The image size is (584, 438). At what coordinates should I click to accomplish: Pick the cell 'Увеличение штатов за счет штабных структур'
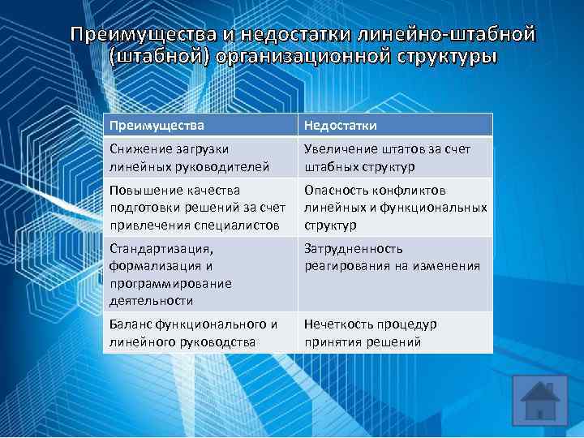pos(395,157)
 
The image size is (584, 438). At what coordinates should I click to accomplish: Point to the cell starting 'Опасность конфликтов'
pos(395,207)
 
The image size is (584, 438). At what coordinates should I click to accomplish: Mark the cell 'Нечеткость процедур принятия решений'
pos(395,333)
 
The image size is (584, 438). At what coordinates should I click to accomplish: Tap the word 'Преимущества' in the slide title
pos(142,35)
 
